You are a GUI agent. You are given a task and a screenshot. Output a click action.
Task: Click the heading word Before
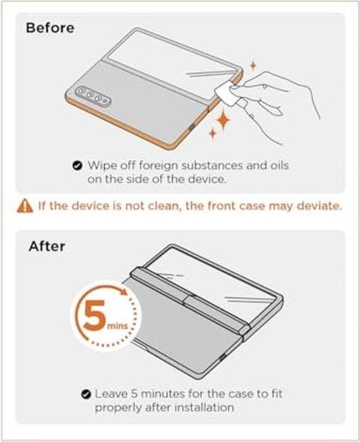pos(50,28)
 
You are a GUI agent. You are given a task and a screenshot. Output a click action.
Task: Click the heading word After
pos(46,247)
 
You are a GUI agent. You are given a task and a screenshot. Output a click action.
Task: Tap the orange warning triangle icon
pos(24,206)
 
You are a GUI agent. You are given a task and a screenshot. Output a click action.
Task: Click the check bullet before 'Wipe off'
pos(77,165)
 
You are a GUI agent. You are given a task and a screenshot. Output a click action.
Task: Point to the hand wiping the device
pos(276,98)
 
